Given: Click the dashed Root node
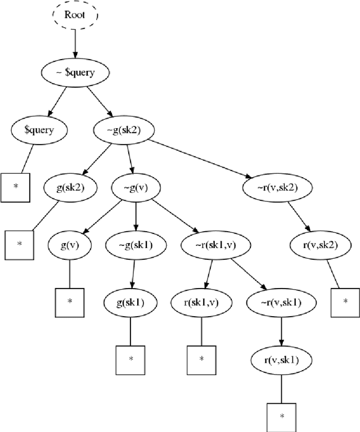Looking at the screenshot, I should [75, 15].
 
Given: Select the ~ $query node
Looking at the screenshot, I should [75, 73].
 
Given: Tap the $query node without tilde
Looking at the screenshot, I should [39, 130].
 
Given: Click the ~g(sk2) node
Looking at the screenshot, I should [123, 130].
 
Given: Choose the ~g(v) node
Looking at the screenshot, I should [136, 188].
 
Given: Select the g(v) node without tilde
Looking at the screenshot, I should [70, 245].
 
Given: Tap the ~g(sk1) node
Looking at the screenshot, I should [136, 245].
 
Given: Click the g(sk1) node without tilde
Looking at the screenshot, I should [131, 303].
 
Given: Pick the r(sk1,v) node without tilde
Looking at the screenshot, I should [201, 303].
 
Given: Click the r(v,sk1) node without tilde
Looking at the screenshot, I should [281, 361].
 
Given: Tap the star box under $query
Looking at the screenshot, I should [15, 186].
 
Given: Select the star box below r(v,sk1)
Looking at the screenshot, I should [281, 417].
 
